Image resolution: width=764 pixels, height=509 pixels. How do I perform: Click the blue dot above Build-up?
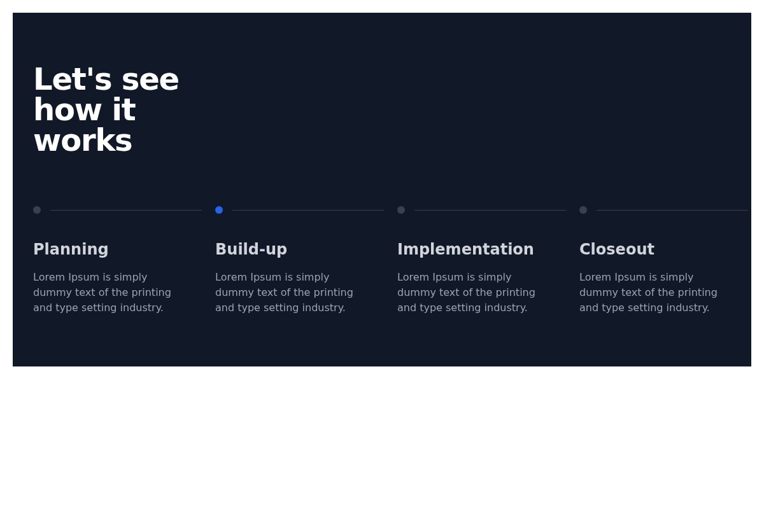pyautogui.click(x=219, y=210)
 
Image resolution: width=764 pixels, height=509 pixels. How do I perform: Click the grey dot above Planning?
pyautogui.click(x=37, y=210)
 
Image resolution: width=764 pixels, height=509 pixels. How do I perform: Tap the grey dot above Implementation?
pyautogui.click(x=401, y=210)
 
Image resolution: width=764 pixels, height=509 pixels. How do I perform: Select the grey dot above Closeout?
pyautogui.click(x=583, y=210)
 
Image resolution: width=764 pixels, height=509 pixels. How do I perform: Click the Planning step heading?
pyautogui.click(x=71, y=249)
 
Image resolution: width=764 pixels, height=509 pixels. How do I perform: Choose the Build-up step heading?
pyautogui.click(x=251, y=249)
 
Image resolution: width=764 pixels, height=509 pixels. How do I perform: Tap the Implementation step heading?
pyautogui.click(x=465, y=249)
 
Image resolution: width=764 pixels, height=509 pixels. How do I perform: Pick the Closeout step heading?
pyautogui.click(x=616, y=249)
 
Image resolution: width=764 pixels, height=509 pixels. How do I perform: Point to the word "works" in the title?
pyautogui.click(x=83, y=141)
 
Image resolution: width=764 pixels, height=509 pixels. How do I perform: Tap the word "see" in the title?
pyautogui.click(x=150, y=80)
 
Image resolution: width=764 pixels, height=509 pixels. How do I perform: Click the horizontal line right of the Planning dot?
pyautogui.click(x=126, y=210)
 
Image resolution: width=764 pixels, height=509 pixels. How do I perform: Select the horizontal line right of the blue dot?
pyautogui.click(x=308, y=210)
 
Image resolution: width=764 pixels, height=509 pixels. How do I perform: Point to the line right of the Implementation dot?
pyautogui.click(x=490, y=210)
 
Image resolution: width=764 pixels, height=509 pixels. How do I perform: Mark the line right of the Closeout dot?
pyautogui.click(x=672, y=210)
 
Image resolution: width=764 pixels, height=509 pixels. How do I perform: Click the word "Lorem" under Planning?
pyautogui.click(x=48, y=277)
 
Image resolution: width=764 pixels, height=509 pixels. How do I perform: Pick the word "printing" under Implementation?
pyautogui.click(x=514, y=293)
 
